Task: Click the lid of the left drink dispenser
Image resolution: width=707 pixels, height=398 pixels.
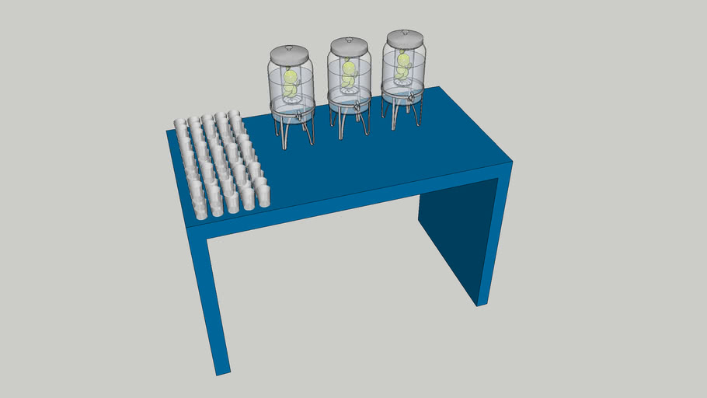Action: click(288, 54)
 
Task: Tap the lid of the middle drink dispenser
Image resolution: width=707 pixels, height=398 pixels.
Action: click(347, 47)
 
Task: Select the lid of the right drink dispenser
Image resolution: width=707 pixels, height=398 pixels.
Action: click(405, 39)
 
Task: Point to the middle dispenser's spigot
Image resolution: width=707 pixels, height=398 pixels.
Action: click(356, 107)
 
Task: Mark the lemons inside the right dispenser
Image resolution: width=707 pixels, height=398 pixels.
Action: click(404, 65)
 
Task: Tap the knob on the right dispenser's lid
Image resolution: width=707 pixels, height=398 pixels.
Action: click(405, 32)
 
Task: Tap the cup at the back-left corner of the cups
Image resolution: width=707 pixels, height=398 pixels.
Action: click(179, 124)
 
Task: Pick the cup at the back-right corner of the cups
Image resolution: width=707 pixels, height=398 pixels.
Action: click(234, 116)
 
